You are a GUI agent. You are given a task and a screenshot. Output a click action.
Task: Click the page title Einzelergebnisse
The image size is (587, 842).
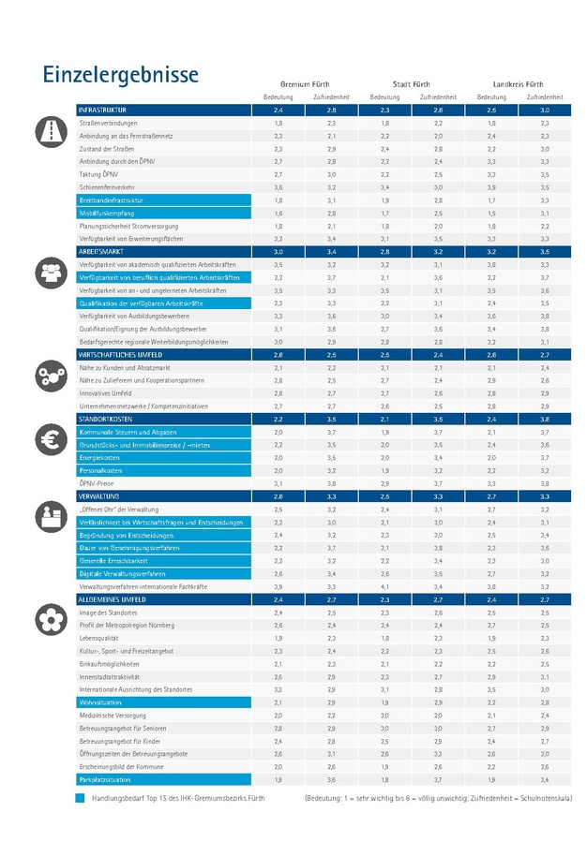pyautogui.click(x=119, y=74)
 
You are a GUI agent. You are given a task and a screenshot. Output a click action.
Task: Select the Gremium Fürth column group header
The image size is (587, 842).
pyautogui.click(x=305, y=84)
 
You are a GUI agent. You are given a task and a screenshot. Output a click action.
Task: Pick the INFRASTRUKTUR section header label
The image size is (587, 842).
pyautogui.click(x=103, y=111)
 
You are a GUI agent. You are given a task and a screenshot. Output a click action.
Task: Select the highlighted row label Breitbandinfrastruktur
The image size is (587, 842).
pyautogui.click(x=112, y=200)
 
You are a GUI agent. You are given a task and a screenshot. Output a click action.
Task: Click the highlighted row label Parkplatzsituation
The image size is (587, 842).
pyautogui.click(x=105, y=778)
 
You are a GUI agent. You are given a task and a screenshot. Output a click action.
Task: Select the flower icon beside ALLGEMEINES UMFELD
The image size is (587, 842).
pyautogui.click(x=48, y=619)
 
